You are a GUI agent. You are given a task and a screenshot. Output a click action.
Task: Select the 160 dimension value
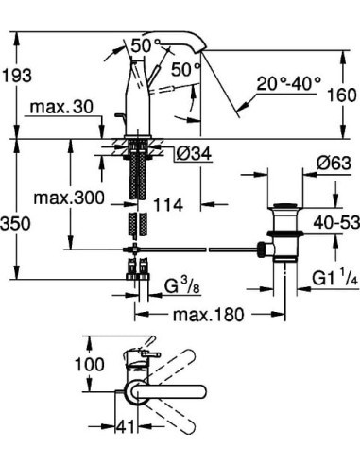pyautogui.click(x=343, y=95)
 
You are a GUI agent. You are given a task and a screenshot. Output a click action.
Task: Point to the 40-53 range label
pyautogui.click(x=333, y=223)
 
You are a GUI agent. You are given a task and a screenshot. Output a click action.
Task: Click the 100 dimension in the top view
pyautogui.click(x=90, y=365)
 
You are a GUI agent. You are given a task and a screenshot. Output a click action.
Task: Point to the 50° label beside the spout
pyautogui.click(x=185, y=68)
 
